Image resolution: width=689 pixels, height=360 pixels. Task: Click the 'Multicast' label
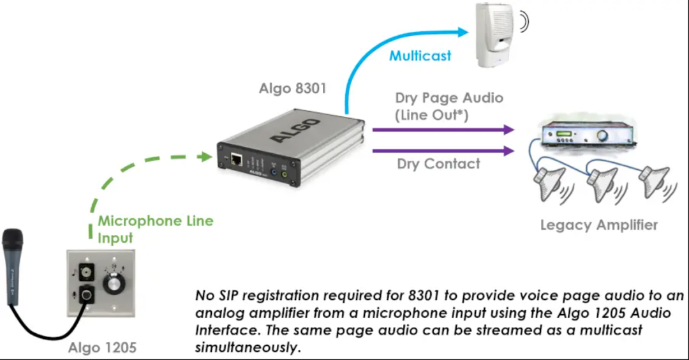[x=420, y=56]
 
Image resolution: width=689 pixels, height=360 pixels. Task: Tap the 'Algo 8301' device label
[x=293, y=89]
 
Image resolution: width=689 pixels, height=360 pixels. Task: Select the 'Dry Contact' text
[x=438, y=164]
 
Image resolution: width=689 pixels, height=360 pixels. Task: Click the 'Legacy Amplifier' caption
[x=598, y=225]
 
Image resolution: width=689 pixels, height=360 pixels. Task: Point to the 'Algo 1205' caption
[x=102, y=348]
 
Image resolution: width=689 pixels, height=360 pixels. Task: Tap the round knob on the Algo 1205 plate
[x=115, y=282]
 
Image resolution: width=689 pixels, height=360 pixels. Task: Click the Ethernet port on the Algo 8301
[x=236, y=158]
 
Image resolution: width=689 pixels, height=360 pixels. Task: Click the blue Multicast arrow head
[x=464, y=31]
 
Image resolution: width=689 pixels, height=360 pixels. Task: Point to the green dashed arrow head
[x=206, y=156]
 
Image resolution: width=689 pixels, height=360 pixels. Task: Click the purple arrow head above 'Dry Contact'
[x=509, y=130]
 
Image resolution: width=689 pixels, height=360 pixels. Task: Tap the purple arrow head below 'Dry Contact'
[x=509, y=151]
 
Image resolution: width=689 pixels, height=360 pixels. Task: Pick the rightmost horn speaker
[x=654, y=179]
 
